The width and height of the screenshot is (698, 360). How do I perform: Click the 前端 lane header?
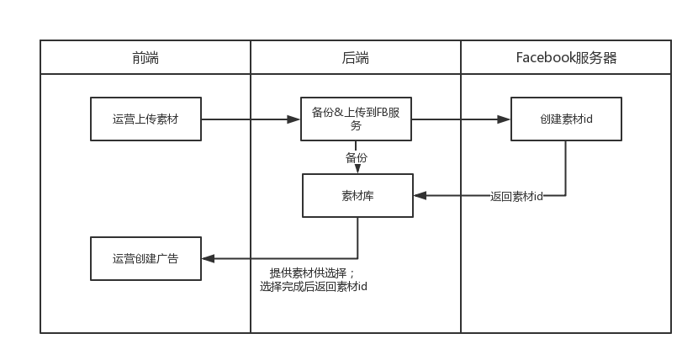pyautogui.click(x=145, y=58)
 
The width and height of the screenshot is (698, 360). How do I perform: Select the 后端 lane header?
pyautogui.click(x=355, y=58)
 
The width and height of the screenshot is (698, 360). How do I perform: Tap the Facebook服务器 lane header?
pyautogui.click(x=566, y=58)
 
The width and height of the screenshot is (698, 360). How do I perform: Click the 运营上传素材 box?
pyautogui.click(x=145, y=119)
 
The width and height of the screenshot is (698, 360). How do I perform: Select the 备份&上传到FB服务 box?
pyautogui.click(x=355, y=119)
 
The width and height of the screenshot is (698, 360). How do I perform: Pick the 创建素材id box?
pyautogui.click(x=566, y=119)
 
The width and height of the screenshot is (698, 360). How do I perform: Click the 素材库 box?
pyautogui.click(x=357, y=195)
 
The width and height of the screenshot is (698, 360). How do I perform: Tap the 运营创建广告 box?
pyautogui.click(x=145, y=258)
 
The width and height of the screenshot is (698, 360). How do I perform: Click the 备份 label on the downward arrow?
pyautogui.click(x=356, y=157)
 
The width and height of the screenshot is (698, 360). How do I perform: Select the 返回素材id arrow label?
pyautogui.click(x=516, y=196)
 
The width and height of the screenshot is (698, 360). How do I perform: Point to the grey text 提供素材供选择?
pyautogui.click(x=312, y=273)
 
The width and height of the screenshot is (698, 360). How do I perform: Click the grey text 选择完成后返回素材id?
pyautogui.click(x=314, y=287)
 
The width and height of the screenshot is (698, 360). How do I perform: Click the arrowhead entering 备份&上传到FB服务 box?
pyautogui.click(x=295, y=119)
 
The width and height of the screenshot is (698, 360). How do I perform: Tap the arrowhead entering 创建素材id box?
pyautogui.click(x=505, y=119)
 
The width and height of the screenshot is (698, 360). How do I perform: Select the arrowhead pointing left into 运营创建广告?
pyautogui.click(x=208, y=258)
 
